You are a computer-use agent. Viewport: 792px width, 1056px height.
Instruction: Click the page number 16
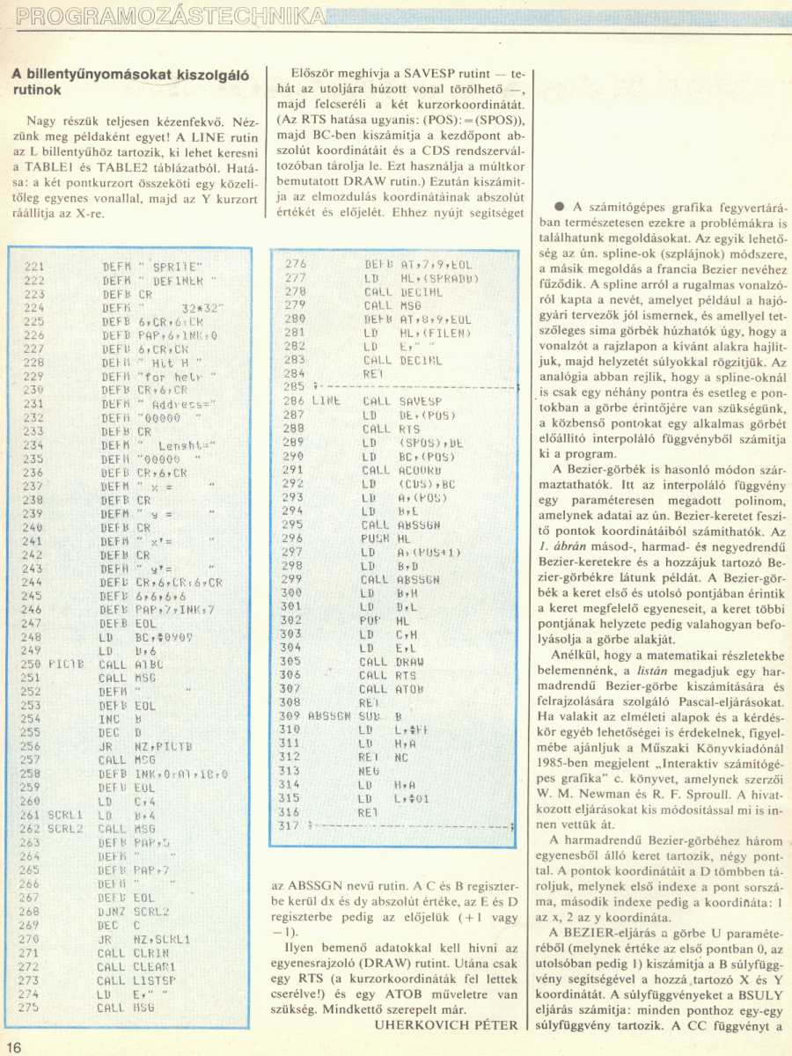pyautogui.click(x=14, y=1045)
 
